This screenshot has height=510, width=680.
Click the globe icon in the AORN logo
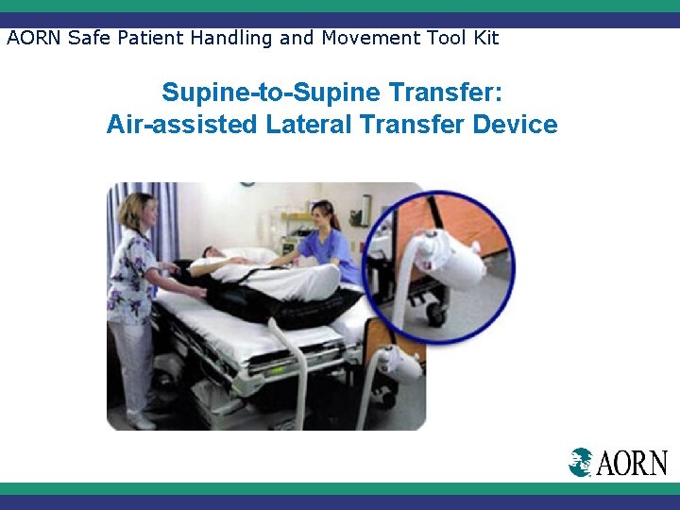click(x=581, y=462)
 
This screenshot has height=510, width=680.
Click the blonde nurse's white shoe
click(x=143, y=420)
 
